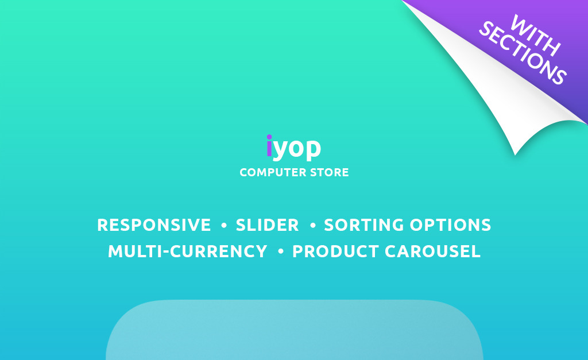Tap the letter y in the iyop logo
tap(280, 150)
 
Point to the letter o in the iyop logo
tap(296, 148)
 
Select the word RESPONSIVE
tap(154, 225)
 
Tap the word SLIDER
tap(267, 225)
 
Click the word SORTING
tap(363, 225)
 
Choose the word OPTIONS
tap(450, 225)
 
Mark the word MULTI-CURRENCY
tap(188, 251)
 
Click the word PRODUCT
tap(335, 251)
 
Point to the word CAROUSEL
tap(432, 251)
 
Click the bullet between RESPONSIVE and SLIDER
tap(224, 226)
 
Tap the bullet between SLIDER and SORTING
tap(313, 226)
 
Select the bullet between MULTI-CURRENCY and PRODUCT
tap(280, 251)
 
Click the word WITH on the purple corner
tap(536, 35)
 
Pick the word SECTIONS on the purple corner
tap(523, 52)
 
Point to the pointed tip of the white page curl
tap(515, 154)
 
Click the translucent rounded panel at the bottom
tap(295, 330)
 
